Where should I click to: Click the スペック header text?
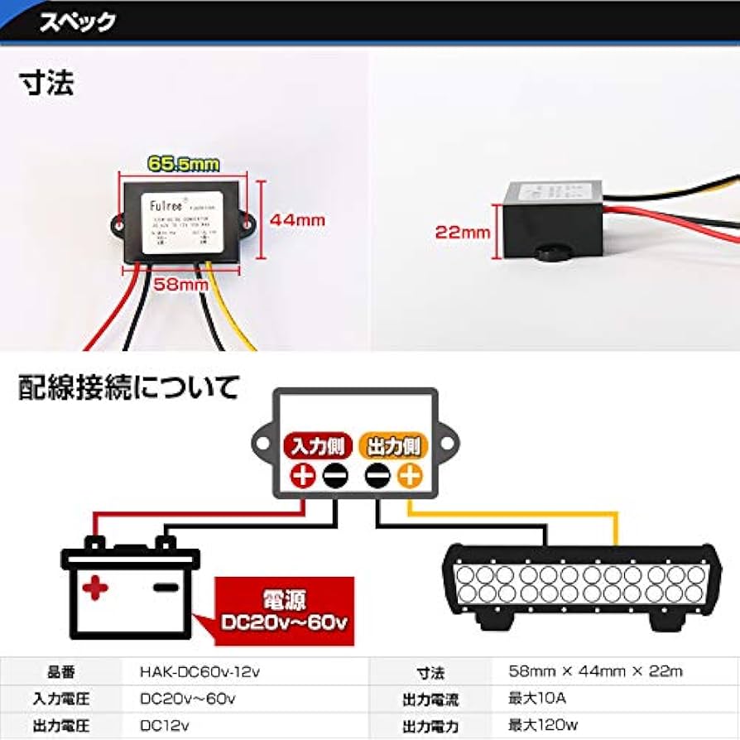[76, 22]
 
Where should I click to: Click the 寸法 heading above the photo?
[46, 84]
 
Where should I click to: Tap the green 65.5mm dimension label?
[183, 165]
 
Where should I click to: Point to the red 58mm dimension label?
[180, 285]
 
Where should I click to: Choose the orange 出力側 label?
[391, 447]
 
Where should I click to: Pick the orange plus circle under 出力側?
[409, 476]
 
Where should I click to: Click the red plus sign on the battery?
[96, 589]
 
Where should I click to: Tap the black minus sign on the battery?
[166, 588]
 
